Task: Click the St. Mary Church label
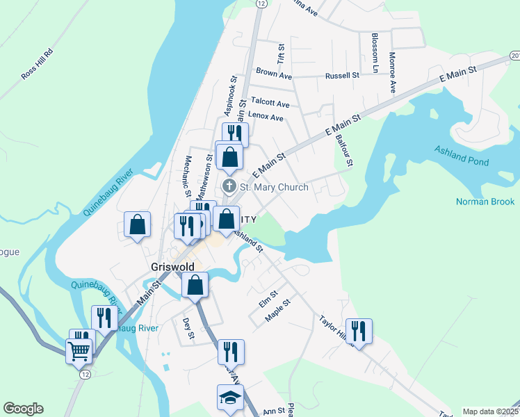point(274,187)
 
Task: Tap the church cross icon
point(229,187)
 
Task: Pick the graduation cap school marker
point(229,399)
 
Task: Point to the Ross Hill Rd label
point(38,64)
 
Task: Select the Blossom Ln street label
point(375,53)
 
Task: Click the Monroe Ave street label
point(393,72)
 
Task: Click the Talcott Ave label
point(270,101)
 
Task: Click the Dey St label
point(187,329)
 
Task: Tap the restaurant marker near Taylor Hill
point(359,331)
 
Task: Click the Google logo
point(23,409)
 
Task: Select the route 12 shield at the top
point(260,3)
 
